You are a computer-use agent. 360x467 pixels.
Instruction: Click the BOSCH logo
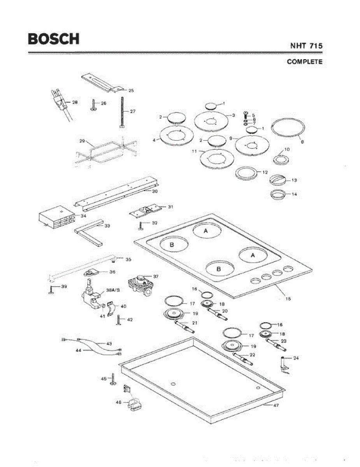tap(53, 39)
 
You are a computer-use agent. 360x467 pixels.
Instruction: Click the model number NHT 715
tap(306, 46)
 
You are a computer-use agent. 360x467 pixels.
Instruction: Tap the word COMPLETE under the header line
tap(304, 61)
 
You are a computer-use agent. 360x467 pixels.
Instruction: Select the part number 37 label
tap(156, 276)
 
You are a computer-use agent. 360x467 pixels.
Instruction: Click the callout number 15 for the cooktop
tap(288, 299)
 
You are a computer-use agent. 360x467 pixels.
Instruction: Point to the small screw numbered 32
tap(140, 225)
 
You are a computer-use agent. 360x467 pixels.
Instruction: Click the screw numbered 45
tap(112, 379)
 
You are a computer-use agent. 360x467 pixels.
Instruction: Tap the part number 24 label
tap(296, 358)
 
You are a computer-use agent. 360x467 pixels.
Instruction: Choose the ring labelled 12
tap(247, 173)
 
